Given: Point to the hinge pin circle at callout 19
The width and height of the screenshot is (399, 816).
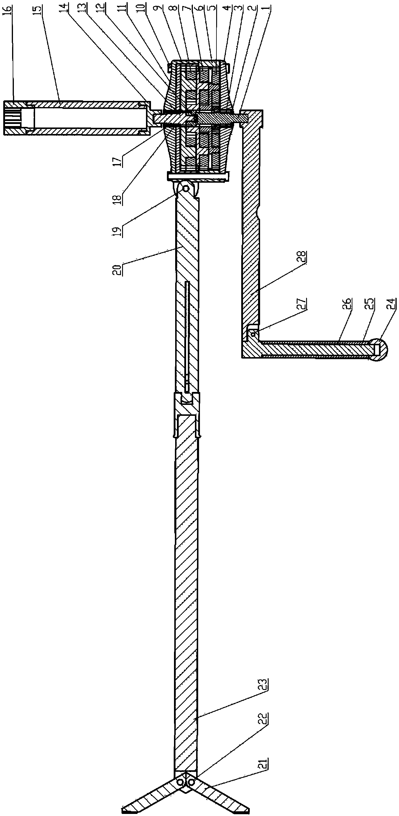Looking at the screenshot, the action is tap(186, 189).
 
